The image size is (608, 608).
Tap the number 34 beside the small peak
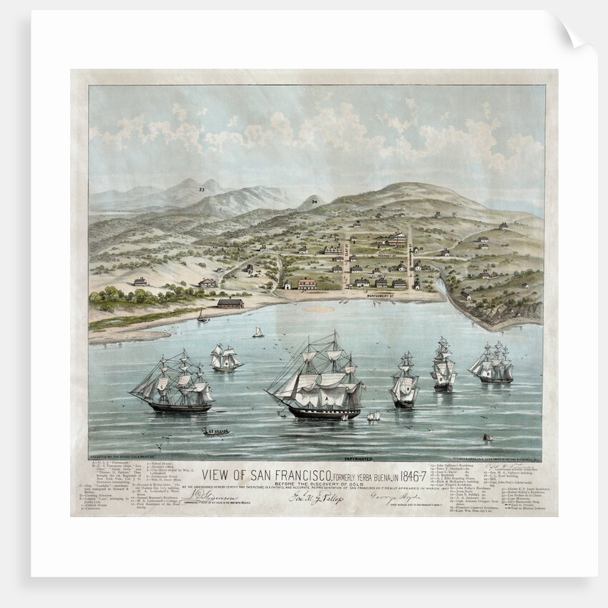(x=313, y=202)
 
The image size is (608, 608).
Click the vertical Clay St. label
(x=345, y=253)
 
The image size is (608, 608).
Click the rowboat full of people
(x=215, y=431)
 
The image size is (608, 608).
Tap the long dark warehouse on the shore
(x=230, y=303)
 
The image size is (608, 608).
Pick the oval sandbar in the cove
(x=319, y=310)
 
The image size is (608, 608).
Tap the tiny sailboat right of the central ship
(x=373, y=416)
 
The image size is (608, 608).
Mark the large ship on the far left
(x=174, y=385)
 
